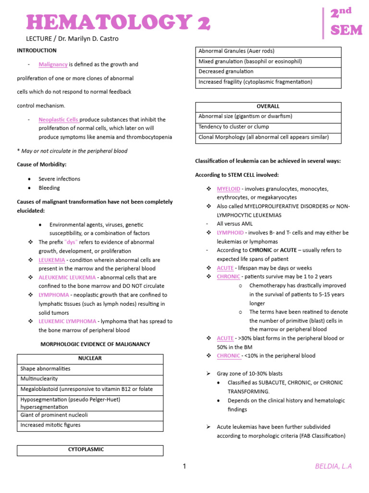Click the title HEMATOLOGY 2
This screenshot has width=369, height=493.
[x=118, y=23]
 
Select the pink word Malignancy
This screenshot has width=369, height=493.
[x=53, y=64]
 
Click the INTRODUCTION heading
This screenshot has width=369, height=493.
[x=37, y=50]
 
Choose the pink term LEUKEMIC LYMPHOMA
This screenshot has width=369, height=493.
[x=67, y=321]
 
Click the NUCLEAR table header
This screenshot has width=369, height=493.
[x=90, y=359]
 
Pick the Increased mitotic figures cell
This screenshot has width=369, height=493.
[x=50, y=425]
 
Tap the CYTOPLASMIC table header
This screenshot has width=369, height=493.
[x=90, y=450]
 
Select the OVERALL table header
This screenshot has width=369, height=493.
[x=268, y=106]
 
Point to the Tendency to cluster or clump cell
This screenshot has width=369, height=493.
[x=234, y=127]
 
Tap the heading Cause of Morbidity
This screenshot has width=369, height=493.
[x=38, y=165]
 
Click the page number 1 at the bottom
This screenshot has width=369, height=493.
[x=184, y=466]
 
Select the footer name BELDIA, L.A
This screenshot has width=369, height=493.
[x=333, y=466]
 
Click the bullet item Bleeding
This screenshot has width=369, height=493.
[x=49, y=188]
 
